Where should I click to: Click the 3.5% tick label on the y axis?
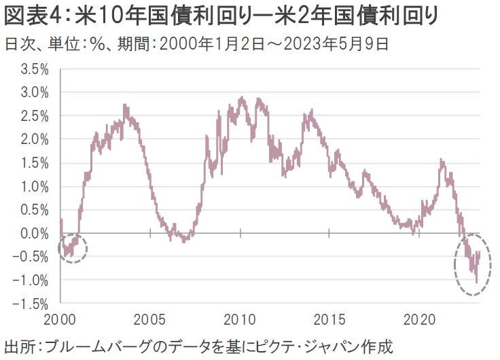coord(33,69)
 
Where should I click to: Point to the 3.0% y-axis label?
coord(33,92)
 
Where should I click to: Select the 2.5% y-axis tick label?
coord(33,115)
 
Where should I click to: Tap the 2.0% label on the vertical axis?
coord(33,139)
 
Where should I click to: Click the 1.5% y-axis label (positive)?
coord(33,163)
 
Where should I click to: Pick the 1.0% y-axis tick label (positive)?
coord(33,186)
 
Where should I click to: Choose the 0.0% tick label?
coord(33,234)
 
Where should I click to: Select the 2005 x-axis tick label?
coord(150,319)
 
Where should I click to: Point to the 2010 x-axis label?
coord(240,319)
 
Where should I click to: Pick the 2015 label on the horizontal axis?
coord(331,319)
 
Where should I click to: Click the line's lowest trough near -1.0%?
coord(476,281)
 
